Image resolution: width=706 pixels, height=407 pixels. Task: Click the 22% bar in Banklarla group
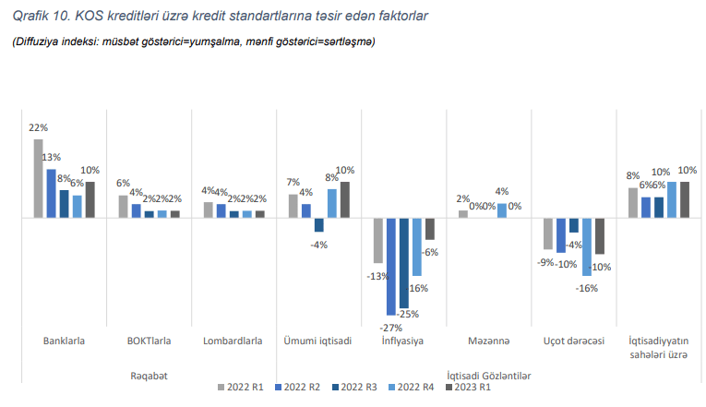pos(38,178)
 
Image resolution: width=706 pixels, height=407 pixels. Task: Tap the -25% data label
pos(408,314)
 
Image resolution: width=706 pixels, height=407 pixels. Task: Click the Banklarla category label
pos(65,341)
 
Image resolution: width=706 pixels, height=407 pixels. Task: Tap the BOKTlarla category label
pos(149,341)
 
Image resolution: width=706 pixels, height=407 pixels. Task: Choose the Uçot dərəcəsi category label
pos(574,341)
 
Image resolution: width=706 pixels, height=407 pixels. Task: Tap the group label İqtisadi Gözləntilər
pos(489,375)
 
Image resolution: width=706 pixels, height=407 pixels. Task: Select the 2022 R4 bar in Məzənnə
pos(502,210)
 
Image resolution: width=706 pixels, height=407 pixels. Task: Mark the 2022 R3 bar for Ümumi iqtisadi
pos(319,224)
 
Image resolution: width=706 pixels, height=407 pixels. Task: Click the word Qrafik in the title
pos(31,17)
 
